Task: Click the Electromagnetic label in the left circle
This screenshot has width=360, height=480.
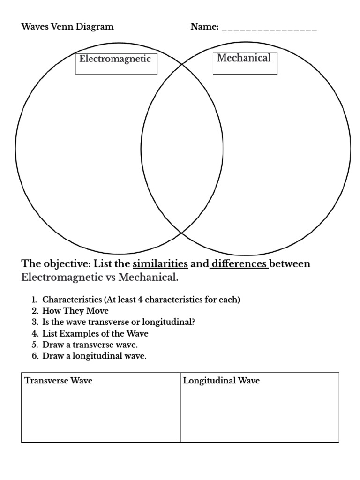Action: coord(115,59)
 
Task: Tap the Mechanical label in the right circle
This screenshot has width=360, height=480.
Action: coord(244,58)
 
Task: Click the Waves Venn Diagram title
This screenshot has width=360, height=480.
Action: coord(67,27)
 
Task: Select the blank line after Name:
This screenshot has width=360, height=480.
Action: coord(269,29)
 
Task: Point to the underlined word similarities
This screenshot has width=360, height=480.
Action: coord(160,263)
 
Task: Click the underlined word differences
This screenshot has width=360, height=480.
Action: coord(239,263)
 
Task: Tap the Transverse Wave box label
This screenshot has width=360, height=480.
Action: coord(59,381)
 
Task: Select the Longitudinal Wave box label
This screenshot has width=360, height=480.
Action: coord(221,381)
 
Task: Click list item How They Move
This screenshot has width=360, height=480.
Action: coord(75,311)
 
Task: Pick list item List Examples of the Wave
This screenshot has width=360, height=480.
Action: coord(95,333)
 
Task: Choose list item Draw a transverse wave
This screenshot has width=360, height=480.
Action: coord(90,345)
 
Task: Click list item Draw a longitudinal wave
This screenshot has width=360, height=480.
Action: coord(94,356)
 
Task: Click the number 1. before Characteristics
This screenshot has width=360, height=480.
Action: coord(34,300)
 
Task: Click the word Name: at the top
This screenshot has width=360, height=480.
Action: coord(205,27)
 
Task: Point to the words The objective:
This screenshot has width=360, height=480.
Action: coord(55,263)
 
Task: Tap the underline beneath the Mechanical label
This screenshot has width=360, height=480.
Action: coord(245,74)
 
